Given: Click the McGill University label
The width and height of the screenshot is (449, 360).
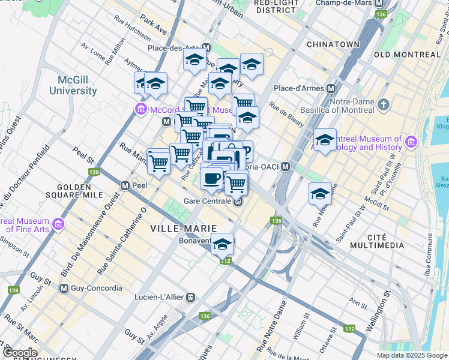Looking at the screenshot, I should coord(77,85).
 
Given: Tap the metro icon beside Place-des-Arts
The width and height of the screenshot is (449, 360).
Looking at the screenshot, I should coord(206,47).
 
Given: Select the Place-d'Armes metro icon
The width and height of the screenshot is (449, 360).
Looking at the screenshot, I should coord(331,88).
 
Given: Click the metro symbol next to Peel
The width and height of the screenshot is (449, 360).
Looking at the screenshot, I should coord(126,186).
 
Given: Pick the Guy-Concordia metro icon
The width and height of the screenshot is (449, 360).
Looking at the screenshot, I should coord(64,289).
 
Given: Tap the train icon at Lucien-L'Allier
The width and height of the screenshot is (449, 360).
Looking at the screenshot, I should coord(191,297).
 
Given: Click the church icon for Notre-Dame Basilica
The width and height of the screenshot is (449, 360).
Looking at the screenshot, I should coord(384,105).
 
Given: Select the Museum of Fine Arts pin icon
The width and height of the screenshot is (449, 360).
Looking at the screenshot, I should coord(58,224).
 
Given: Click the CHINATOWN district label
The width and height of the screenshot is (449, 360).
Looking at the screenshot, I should coord(333,44).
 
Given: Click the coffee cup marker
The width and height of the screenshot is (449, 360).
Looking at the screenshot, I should coord(212,178).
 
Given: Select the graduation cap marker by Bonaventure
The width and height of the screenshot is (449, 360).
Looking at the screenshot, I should coord(222,244).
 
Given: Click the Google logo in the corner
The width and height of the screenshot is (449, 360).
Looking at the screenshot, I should coord(19,353).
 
